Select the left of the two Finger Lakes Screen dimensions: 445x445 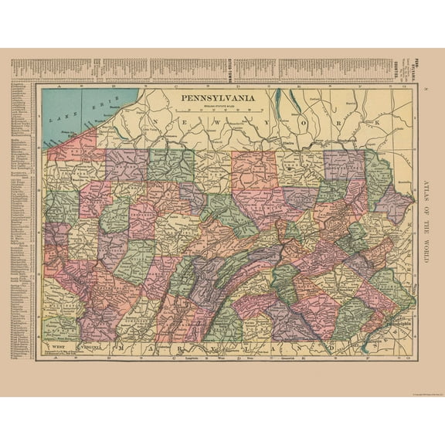pos(297,100)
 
